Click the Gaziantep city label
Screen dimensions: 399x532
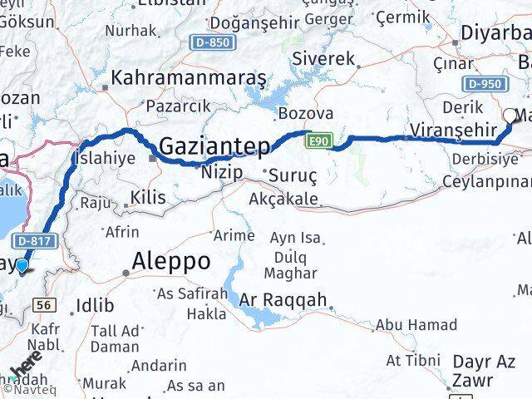(x=214, y=146)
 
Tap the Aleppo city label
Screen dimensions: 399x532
(x=170, y=262)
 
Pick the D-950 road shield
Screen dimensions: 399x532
(x=485, y=83)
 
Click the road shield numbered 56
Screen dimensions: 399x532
(x=47, y=306)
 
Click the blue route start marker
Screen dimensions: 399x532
(x=22, y=265)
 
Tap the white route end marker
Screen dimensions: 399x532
(x=510, y=116)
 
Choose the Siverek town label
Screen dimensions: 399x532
(x=324, y=59)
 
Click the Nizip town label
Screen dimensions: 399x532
(x=222, y=173)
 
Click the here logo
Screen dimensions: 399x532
(x=27, y=366)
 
